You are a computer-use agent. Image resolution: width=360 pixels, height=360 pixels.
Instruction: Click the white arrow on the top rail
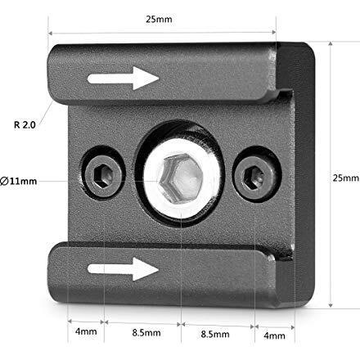(123, 79)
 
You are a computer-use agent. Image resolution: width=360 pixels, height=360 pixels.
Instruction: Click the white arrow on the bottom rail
(123, 269)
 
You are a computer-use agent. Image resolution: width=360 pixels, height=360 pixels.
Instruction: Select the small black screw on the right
(255, 175)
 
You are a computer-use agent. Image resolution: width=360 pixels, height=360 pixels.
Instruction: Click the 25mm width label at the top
(159, 20)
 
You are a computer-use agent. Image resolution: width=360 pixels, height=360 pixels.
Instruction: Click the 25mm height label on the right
(346, 178)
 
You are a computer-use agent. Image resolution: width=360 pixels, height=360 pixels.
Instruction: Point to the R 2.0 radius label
(25, 125)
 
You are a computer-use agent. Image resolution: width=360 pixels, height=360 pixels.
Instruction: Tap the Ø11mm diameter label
(19, 181)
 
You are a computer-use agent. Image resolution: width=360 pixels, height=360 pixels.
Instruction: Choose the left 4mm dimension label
(86, 331)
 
